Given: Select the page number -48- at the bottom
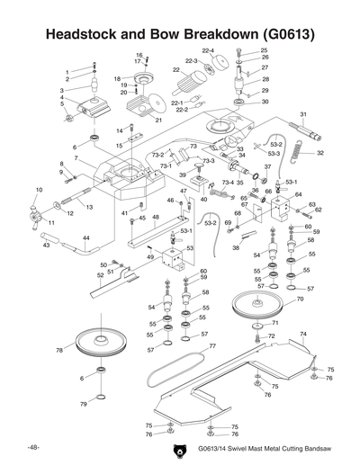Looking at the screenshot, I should pyautogui.click(x=32, y=447).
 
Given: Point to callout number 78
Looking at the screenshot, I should pyautogui.click(x=59, y=350).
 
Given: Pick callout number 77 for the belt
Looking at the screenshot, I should pyautogui.click(x=212, y=345).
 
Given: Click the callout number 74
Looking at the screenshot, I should pyautogui.click(x=302, y=333).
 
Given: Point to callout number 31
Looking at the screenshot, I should pyautogui.click(x=303, y=114).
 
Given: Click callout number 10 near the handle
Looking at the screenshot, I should pyautogui.click(x=38, y=190).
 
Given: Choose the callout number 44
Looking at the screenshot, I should pyautogui.click(x=85, y=238).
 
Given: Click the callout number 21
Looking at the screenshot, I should pyautogui.click(x=158, y=120).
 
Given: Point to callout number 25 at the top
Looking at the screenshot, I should pyautogui.click(x=264, y=50).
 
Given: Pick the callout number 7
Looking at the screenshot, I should pyautogui.click(x=76, y=158).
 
